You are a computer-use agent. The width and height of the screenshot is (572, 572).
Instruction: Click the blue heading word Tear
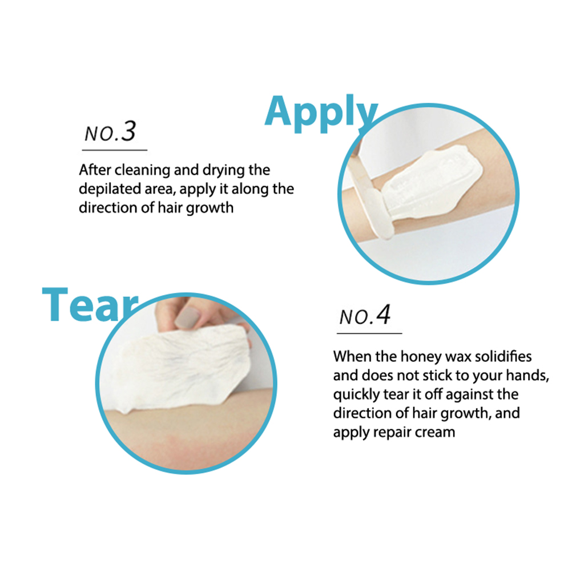click(x=90, y=305)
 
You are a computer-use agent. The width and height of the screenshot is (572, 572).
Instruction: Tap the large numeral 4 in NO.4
click(x=384, y=315)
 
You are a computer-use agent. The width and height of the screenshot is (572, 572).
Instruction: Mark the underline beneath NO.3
click(x=115, y=150)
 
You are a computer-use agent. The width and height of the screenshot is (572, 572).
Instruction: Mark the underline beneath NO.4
click(x=369, y=333)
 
